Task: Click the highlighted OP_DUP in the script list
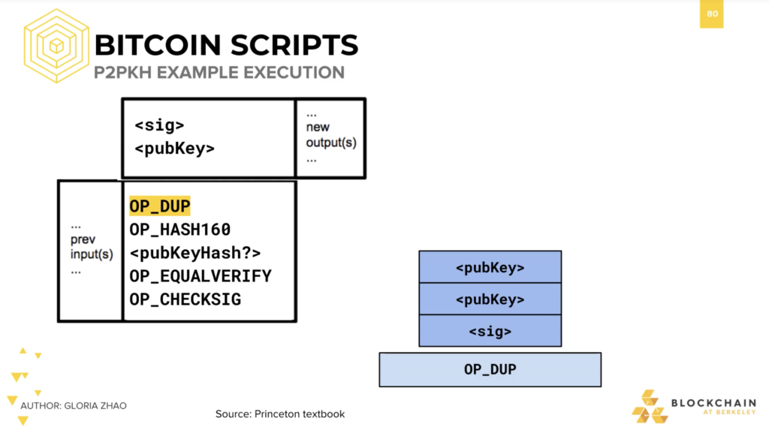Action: [x=159, y=206]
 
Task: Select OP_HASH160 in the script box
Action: [x=180, y=230]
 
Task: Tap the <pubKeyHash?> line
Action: [x=195, y=253]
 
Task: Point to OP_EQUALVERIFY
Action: [x=201, y=276]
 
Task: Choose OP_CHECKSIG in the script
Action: [x=185, y=299]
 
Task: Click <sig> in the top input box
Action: [x=159, y=125]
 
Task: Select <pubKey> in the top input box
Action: [x=174, y=149]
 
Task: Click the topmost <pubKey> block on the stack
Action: [x=490, y=267]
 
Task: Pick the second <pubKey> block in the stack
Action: [x=490, y=299]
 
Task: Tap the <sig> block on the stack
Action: [x=490, y=331]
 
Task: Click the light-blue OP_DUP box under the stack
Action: [x=490, y=370]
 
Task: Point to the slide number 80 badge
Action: [x=712, y=14]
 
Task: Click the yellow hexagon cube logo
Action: [x=56, y=46]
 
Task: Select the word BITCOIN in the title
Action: [x=158, y=45]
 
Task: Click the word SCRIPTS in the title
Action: [x=294, y=45]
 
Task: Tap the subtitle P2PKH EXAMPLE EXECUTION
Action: [x=219, y=73]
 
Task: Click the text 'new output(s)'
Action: [x=331, y=135]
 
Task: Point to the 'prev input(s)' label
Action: [x=92, y=247]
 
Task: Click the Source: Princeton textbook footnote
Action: [x=280, y=413]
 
